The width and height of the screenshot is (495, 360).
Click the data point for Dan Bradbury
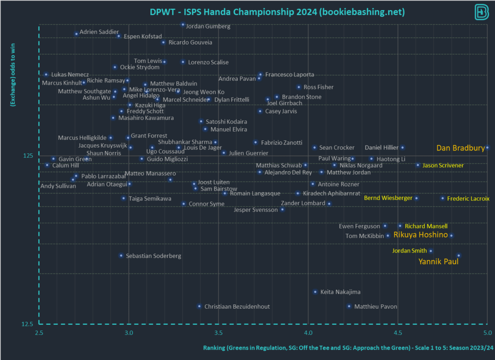487,148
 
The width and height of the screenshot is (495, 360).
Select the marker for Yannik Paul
459,255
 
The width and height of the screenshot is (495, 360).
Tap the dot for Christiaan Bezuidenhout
199,306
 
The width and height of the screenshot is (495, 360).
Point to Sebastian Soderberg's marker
121,255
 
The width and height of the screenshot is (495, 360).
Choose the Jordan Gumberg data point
183,25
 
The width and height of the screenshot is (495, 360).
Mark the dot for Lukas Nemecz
46,75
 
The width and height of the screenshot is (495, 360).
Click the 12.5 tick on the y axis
27,324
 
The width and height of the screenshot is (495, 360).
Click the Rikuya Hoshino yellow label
420,235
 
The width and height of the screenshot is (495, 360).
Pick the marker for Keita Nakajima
315,292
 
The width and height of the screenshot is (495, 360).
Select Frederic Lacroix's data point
442,198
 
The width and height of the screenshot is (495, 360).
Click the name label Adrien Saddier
99,32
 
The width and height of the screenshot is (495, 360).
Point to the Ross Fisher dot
299,87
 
